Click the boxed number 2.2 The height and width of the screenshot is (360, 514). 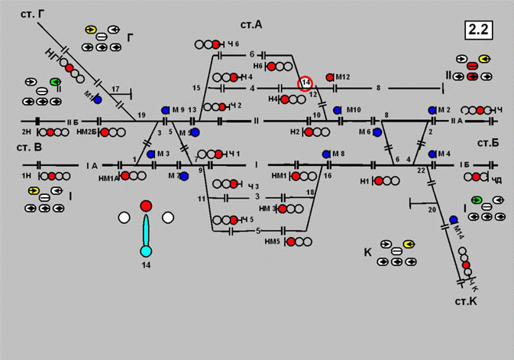[479, 31]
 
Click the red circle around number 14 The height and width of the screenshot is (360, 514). [305, 83]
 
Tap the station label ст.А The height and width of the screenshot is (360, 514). [249, 25]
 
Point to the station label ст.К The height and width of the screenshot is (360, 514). [466, 301]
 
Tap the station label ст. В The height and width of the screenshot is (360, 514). [27, 146]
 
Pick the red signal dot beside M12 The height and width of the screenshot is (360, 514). [330, 77]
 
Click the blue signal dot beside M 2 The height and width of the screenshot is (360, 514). [432, 111]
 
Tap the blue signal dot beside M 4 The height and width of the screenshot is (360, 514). [432, 154]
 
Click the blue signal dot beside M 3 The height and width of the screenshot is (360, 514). [151, 154]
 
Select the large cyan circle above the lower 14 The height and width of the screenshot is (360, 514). [146, 251]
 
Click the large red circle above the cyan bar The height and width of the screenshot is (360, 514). [146, 206]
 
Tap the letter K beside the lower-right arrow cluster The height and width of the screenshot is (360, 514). [368, 251]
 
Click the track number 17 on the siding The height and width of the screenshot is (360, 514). [115, 89]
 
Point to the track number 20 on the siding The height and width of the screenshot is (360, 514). [432, 209]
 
